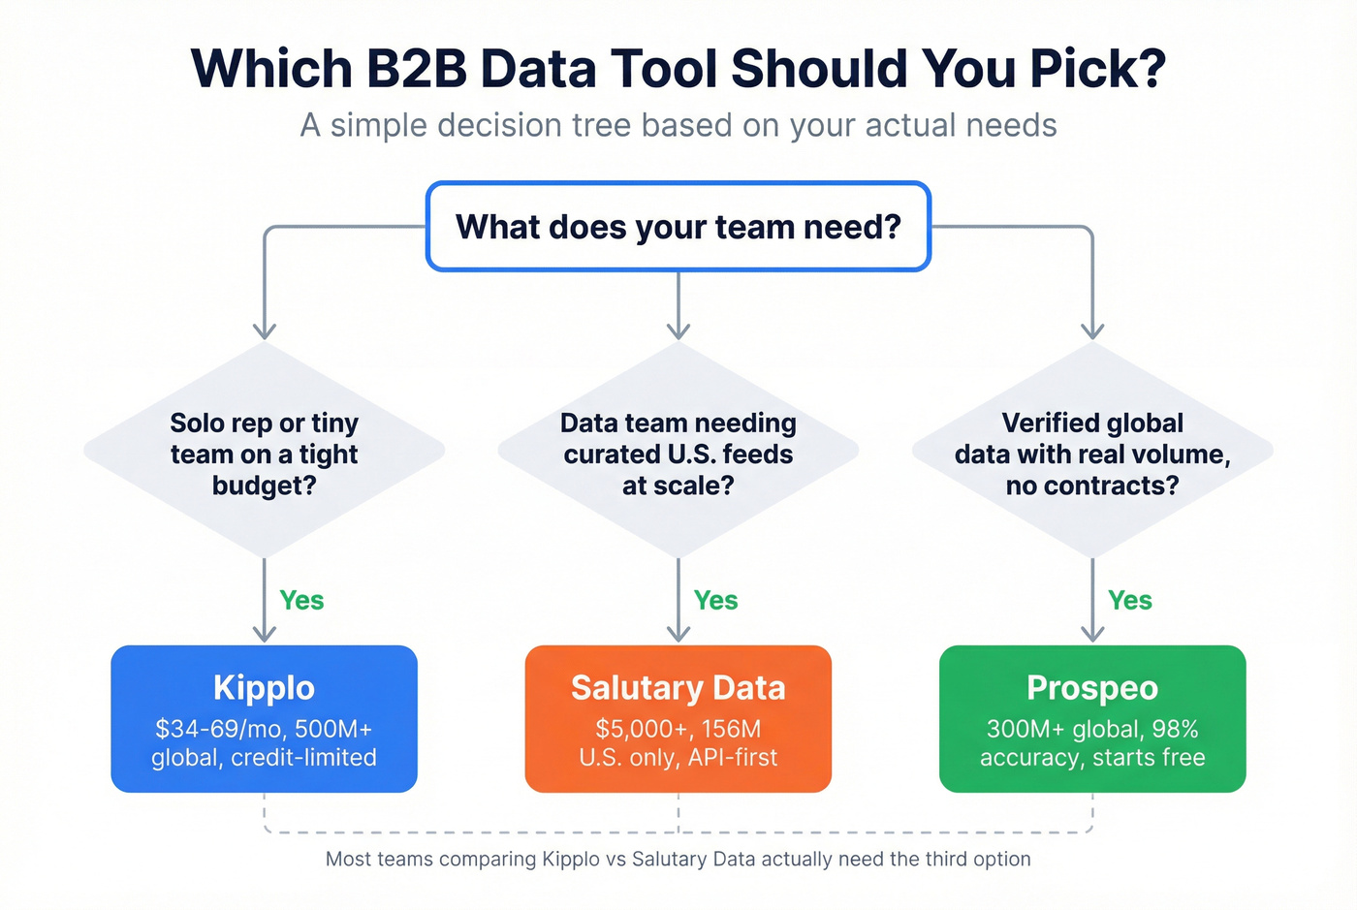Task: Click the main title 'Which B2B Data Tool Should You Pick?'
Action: click(x=678, y=68)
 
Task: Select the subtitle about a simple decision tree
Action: click(x=678, y=125)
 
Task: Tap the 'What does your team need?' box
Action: click(x=678, y=227)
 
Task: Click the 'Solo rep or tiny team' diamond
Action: click(x=264, y=453)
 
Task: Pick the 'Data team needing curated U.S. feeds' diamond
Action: click(x=678, y=453)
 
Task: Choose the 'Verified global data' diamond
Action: click(x=1092, y=453)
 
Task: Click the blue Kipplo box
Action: click(x=264, y=718)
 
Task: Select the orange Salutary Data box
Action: click(x=678, y=718)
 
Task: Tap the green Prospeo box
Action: click(x=1092, y=718)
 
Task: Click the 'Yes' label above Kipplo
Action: click(x=301, y=601)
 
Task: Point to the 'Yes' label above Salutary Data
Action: click(x=715, y=601)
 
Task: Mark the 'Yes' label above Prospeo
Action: click(x=1130, y=601)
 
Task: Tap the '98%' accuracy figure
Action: click(x=1175, y=729)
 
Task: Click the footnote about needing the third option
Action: click(x=678, y=859)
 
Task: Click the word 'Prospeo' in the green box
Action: click(x=1092, y=688)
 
